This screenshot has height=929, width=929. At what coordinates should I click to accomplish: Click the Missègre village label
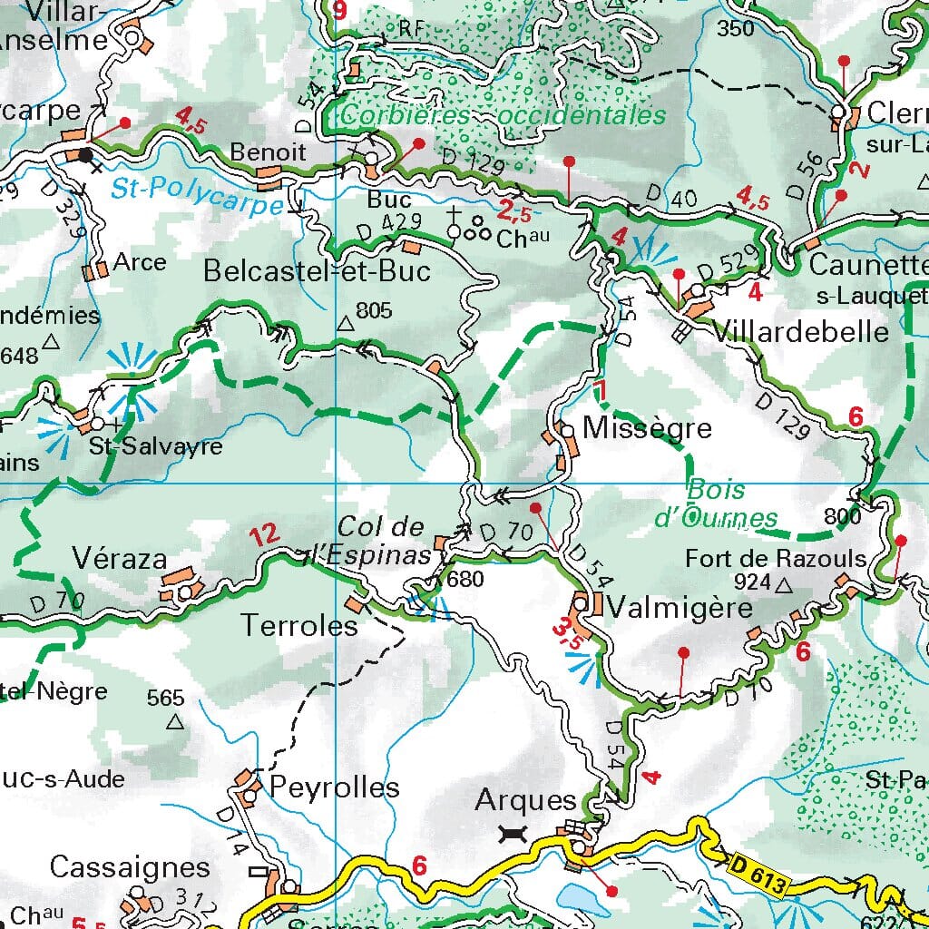pos(648,428)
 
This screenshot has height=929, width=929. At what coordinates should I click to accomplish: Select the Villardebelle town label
pos(801,332)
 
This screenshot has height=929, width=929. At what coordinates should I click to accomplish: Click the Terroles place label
pos(299,625)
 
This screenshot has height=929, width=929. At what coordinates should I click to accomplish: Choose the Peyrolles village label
pos(335,787)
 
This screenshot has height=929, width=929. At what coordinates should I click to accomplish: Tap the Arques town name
pos(526,800)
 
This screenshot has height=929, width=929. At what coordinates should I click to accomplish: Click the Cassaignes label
pos(130,867)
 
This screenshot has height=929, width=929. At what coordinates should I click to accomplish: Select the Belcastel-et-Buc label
pos(317,270)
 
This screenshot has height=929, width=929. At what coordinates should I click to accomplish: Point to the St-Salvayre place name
pos(155,447)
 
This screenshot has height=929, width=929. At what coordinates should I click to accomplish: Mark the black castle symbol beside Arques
pos(513,833)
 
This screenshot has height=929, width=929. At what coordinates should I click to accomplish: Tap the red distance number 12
pos(264,535)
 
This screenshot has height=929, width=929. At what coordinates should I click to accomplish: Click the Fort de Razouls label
pos(776,558)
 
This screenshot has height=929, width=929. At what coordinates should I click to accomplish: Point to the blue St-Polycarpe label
pos(199,193)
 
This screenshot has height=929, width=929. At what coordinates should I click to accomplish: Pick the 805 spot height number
pos(374,311)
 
